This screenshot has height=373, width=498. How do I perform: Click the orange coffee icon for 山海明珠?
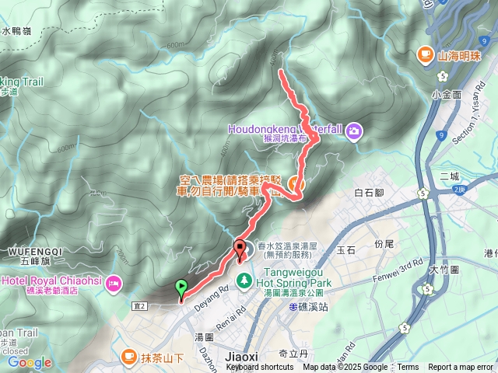(425, 54)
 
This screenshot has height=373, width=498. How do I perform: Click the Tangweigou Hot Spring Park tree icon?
(244, 278)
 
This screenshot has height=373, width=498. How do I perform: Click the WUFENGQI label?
(29, 252)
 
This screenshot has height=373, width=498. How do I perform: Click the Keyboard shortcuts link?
(260, 368)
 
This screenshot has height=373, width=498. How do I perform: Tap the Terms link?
(408, 368)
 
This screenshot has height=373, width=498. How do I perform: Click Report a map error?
(461, 368)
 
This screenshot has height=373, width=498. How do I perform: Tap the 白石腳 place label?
(370, 192)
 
